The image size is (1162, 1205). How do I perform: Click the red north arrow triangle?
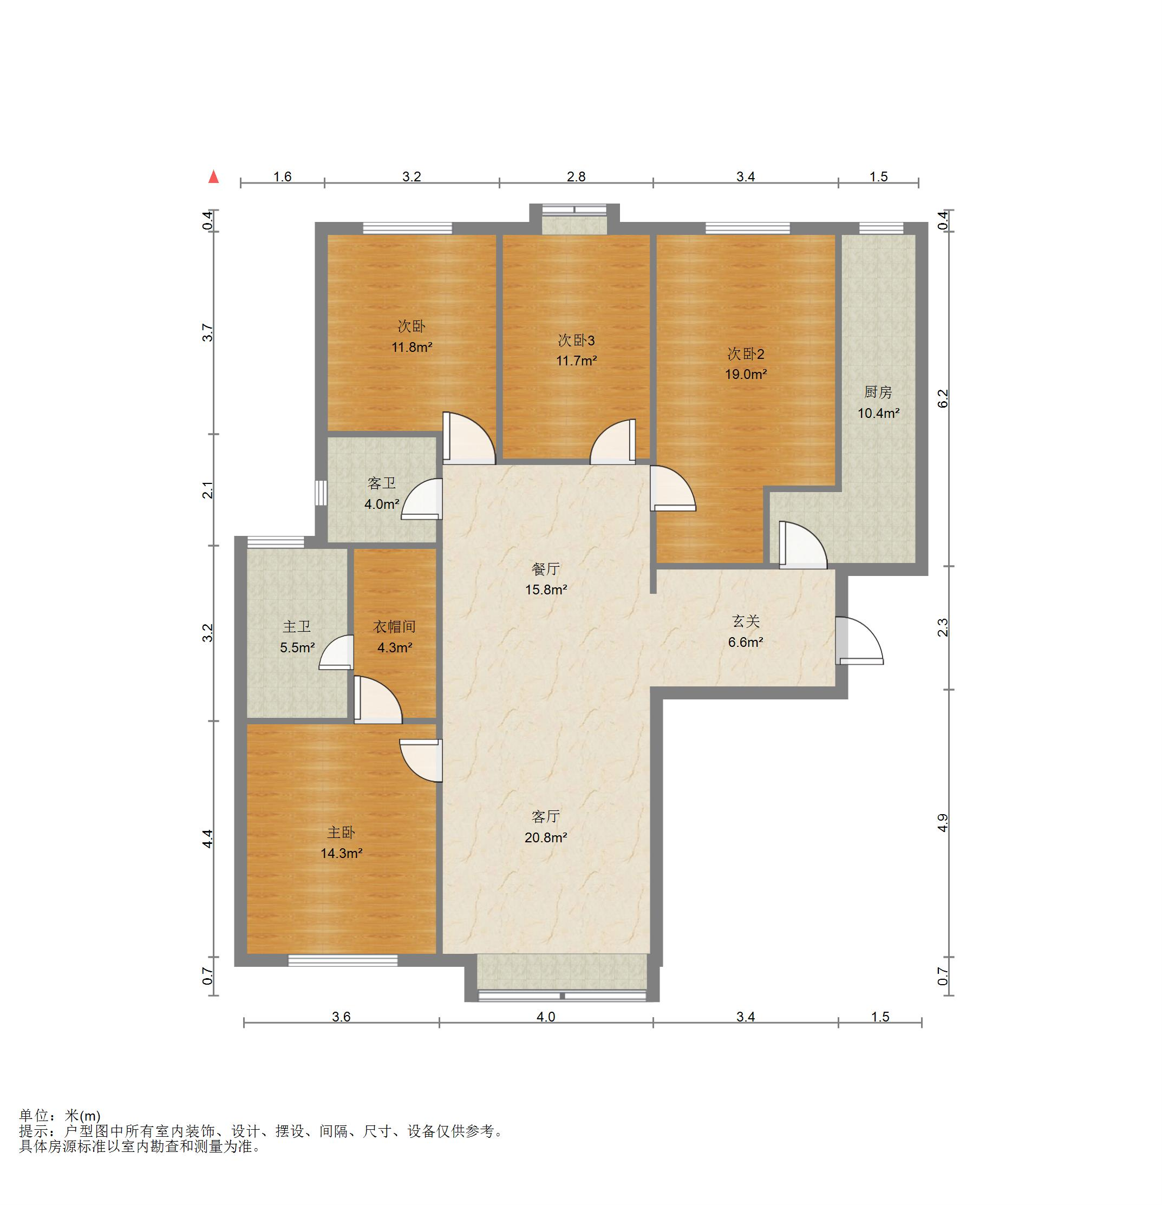(213, 177)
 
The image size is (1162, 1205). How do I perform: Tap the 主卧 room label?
(341, 833)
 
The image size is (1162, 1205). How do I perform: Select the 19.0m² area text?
(746, 375)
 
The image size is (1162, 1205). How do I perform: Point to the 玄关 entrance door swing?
(859, 640)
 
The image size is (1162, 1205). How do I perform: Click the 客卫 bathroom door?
(422, 499)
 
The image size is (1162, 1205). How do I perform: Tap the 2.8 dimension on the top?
(576, 177)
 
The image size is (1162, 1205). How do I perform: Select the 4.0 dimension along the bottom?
(546, 1017)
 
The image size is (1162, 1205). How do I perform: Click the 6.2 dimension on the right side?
(943, 398)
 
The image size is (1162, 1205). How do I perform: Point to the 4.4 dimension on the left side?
(208, 839)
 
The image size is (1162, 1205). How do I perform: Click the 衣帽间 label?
(395, 626)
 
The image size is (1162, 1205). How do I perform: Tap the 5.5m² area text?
(298, 647)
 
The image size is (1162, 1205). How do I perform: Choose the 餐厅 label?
(545, 569)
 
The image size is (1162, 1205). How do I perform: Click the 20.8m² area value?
(546, 837)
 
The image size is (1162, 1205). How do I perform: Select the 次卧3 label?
(576, 340)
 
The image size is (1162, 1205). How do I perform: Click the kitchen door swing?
(803, 545)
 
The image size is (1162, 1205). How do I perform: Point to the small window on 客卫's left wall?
(321, 493)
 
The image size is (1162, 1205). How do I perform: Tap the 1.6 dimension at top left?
(282, 177)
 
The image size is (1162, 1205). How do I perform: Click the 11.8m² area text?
(412, 348)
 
